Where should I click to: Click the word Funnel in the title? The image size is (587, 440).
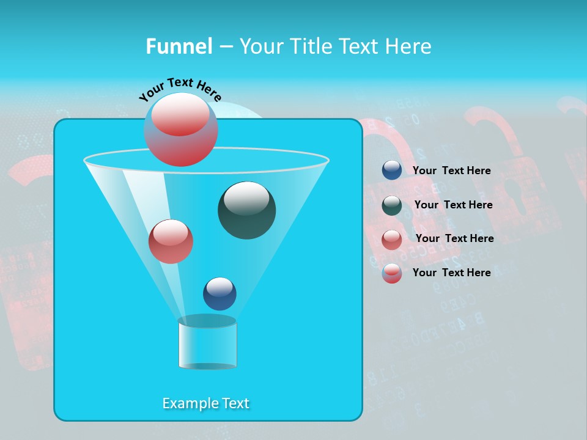click(179, 46)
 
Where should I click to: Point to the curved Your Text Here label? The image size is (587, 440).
click(180, 89)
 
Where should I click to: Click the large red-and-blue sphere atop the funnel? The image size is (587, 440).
click(181, 130)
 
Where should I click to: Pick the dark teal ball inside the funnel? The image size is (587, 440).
click(246, 210)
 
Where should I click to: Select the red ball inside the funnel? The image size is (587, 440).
click(171, 241)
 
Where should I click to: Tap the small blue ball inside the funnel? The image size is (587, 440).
click(220, 293)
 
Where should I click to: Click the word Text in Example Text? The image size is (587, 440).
click(235, 403)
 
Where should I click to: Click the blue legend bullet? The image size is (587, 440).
click(392, 170)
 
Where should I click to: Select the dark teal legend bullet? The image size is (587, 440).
click(392, 205)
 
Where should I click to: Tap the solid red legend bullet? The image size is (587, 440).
click(392, 239)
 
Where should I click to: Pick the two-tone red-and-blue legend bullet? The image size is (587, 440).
click(392, 273)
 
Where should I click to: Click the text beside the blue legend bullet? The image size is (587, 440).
click(451, 170)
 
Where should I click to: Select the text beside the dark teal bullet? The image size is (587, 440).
click(453, 205)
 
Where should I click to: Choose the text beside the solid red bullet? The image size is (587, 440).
click(454, 238)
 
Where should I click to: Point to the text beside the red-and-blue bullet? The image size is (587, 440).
click(451, 273)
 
